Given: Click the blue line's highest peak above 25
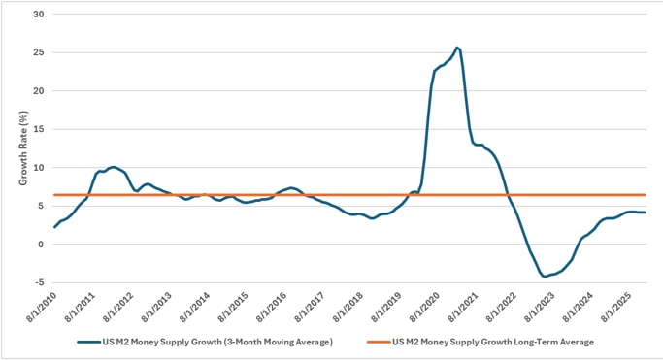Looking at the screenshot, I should [x=457, y=48].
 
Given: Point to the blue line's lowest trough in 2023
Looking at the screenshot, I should [x=545, y=277].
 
